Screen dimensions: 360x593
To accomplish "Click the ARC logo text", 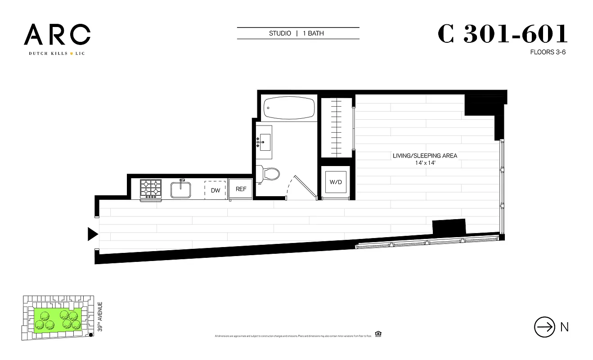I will pos(57,35).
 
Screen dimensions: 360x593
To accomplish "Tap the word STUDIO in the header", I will pos(280,33).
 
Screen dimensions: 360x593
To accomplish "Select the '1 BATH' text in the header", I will pos(313,33).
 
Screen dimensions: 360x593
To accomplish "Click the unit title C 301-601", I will pos(502,34).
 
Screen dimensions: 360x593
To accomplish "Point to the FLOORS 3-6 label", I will pos(548,52).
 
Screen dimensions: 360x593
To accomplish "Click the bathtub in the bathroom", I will pos(288,107).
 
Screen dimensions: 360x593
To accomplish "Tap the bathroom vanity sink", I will pos(264,142).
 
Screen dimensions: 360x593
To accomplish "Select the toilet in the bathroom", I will pos(269,174).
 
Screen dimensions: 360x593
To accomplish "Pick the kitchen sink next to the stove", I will pos(182,189).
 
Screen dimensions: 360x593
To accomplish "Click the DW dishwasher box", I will pos(216,190).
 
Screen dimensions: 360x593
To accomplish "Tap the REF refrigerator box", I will pos(241,189).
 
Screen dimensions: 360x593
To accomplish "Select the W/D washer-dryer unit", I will pos(336,182).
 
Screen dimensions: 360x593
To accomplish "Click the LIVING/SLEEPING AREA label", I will pos(425,156).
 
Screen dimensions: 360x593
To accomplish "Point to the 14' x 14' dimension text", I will pos(425,163).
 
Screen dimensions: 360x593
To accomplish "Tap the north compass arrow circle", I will pos(544,327).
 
